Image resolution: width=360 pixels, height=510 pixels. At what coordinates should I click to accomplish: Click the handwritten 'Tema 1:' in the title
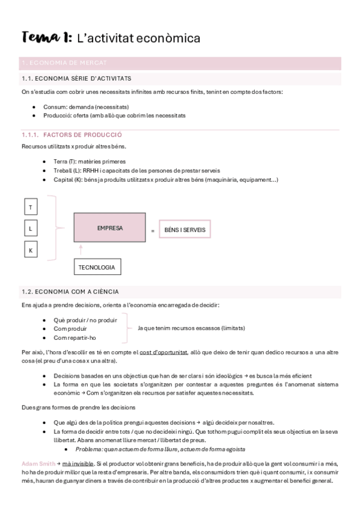46,38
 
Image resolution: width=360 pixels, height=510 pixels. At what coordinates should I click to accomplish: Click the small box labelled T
30,208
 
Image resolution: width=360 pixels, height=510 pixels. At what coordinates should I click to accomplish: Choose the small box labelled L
30,229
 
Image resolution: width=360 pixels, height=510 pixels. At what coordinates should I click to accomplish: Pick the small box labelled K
30,249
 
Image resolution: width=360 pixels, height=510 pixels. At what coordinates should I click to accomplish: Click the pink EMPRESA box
109,229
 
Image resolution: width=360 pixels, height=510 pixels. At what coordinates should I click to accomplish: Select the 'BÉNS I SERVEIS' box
184,230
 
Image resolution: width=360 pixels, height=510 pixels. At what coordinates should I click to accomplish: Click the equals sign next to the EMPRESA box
153,230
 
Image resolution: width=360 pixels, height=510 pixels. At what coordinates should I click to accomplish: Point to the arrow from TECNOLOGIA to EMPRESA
80,251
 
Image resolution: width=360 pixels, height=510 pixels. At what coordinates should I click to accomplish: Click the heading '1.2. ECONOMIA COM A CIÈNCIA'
70,292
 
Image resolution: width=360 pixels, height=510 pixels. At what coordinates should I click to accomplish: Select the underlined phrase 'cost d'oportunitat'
163,352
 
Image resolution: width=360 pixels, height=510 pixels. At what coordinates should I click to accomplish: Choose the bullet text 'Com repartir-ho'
75,338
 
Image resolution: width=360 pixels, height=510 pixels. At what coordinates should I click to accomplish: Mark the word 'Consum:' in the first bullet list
55,106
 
